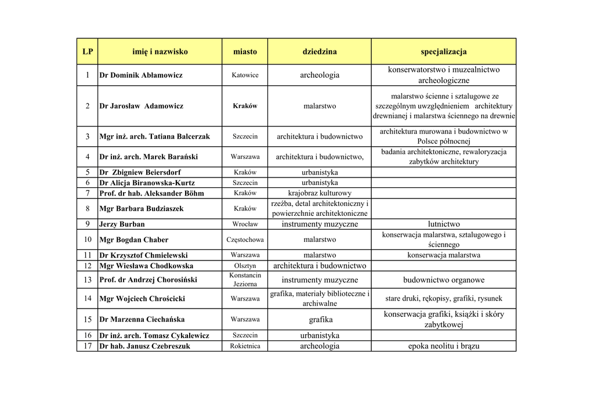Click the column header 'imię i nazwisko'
pos(160,52)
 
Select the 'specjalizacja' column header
pos(443,52)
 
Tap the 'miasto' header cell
pos(245,52)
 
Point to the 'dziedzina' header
pos(319,52)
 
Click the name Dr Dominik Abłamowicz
pos(141,75)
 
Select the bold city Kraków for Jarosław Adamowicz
pos(245,106)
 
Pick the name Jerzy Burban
pos(122,225)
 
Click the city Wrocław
pos(245,224)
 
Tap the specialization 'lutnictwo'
pos(443,224)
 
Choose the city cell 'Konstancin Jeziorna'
pos(245,280)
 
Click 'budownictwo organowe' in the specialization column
pos(443,280)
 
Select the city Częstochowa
pos(245,240)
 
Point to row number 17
pos(88,346)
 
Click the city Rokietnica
pos(245,346)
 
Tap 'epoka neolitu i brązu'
pos(443,346)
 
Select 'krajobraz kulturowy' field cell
pos(319,193)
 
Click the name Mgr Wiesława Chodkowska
pos(146,266)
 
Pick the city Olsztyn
pos(245,266)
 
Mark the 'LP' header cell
pos(88,52)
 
